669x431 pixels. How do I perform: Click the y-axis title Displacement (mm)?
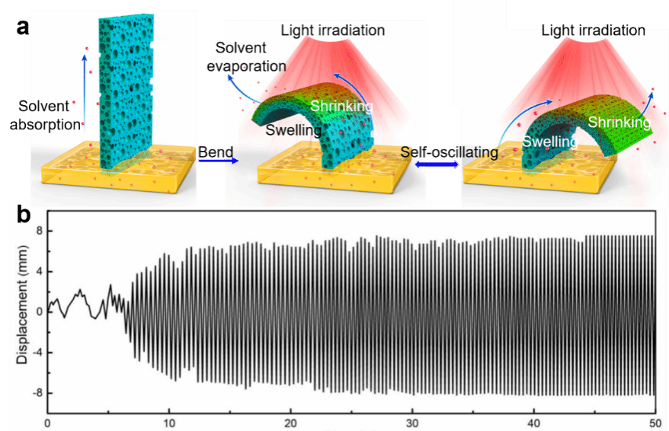(x=21, y=311)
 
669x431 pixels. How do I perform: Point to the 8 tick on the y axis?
(x=39, y=231)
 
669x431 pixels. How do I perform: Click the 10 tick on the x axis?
(x=169, y=423)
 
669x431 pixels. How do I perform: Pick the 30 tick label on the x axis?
(x=412, y=423)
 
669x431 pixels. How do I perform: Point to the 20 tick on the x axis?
(x=290, y=423)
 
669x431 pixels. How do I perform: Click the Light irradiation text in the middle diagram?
(x=333, y=31)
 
